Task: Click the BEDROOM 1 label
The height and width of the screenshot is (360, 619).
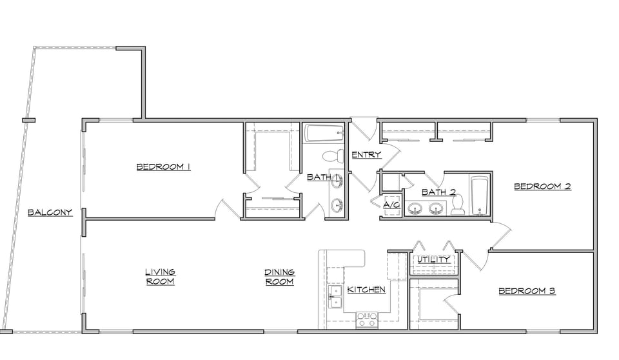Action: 163,166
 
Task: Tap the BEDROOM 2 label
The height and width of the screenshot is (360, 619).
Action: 542,186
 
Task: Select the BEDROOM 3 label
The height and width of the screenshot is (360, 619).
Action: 527,291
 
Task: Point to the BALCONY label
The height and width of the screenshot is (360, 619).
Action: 50,213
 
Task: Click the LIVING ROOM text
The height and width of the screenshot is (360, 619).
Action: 161,277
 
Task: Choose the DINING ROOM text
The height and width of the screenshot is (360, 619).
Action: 279,277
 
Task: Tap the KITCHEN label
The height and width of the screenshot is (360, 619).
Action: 366,290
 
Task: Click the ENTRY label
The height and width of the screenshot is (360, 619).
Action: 367,154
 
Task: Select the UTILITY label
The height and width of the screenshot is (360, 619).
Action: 434,259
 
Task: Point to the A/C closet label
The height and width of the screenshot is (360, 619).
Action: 391,205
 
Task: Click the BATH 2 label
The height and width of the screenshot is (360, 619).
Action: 439,192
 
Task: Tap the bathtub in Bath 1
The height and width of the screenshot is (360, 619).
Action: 324,134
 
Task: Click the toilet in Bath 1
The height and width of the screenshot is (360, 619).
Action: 333,155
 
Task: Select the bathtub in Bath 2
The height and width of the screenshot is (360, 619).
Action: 480,195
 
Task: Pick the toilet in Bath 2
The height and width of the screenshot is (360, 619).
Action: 458,205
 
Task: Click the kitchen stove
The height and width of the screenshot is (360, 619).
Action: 367,321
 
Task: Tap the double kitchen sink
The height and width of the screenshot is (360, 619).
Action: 335,297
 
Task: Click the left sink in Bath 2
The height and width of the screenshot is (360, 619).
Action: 415,208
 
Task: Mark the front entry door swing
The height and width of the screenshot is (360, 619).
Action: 365,129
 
